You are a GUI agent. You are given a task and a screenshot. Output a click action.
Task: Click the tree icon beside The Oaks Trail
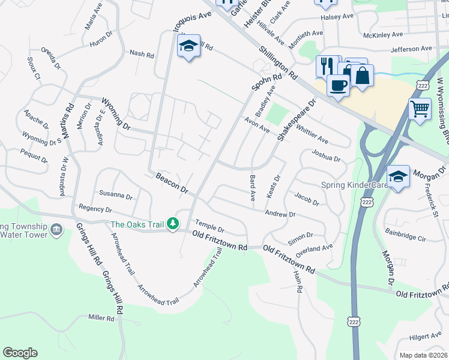173,224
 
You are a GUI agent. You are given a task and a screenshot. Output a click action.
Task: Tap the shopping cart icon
420,109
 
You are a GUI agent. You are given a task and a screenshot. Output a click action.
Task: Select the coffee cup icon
338,85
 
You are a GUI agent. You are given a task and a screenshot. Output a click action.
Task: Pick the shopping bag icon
362,76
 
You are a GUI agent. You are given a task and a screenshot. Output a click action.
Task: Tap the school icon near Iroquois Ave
188,46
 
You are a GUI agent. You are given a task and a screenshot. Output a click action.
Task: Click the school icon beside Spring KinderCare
398,176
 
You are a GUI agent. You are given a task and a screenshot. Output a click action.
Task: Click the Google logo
20,353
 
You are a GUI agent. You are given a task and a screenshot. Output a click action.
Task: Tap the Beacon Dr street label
172,183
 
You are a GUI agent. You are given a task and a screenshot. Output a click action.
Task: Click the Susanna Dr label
116,195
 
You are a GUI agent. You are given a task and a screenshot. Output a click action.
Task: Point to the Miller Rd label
101,317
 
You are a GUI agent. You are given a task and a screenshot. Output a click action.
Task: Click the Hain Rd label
298,281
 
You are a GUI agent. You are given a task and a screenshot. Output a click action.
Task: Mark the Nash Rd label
142,53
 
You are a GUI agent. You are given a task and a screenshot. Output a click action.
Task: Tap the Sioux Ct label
34,68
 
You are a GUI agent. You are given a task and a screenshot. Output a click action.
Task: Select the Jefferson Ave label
411,49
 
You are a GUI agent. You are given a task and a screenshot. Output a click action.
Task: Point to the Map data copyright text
423,355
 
